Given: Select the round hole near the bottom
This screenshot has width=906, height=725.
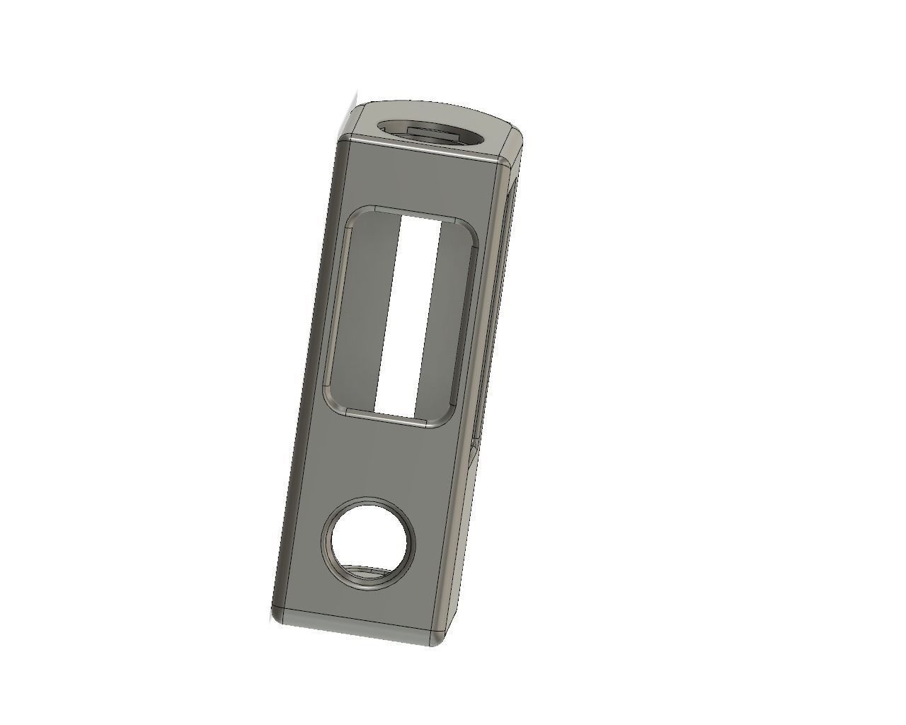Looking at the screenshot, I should (369, 542).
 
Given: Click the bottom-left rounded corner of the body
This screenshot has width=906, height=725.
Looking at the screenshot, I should (278, 615).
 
